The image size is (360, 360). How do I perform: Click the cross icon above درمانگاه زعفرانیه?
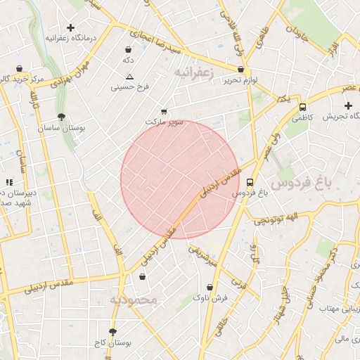[x=70, y=27]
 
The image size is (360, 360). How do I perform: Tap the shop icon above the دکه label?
[x=128, y=50]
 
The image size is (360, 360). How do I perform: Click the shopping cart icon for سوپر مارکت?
[x=164, y=111]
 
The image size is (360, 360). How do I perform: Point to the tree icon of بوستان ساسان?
[x=62, y=117]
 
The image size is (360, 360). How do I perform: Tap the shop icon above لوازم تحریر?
[x=241, y=70]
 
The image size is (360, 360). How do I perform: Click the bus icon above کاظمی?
[x=302, y=108]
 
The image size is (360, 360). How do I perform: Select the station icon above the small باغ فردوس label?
[x=250, y=181]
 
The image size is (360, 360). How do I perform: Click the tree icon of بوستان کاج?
[x=112, y=331]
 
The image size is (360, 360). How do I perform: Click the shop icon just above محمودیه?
[x=143, y=277]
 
